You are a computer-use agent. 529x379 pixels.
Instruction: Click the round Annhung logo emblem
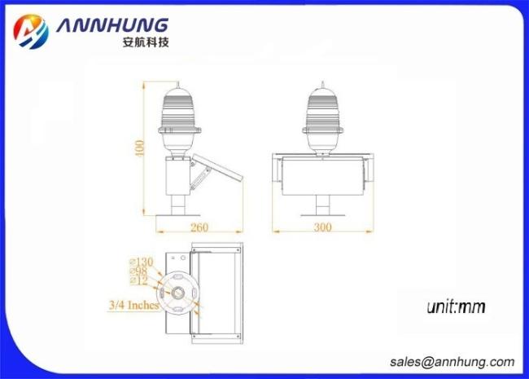[31, 32]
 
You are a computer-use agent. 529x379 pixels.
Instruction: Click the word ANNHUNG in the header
[112, 25]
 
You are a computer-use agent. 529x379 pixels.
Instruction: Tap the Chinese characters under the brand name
[146, 42]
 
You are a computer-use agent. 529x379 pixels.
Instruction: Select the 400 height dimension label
[139, 148]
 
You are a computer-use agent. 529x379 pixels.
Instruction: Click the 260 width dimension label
[199, 227]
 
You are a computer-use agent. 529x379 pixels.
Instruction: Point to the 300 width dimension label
[322, 227]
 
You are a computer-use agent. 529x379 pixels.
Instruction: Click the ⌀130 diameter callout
[142, 262]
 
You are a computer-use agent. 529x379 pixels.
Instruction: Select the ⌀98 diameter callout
[138, 271]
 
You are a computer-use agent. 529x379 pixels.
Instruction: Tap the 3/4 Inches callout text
[134, 305]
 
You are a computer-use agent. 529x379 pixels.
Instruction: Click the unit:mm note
[456, 306]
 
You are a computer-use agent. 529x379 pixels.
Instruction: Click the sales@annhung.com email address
[452, 362]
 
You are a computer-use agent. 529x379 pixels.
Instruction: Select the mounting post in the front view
[323, 205]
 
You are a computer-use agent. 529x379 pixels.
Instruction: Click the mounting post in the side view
[178, 205]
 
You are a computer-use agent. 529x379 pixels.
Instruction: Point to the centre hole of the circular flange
[177, 293]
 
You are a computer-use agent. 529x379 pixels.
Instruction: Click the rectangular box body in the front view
[323, 176]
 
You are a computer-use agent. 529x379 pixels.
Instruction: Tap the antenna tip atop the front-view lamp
[323, 82]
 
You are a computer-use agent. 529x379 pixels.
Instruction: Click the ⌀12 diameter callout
[139, 280]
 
